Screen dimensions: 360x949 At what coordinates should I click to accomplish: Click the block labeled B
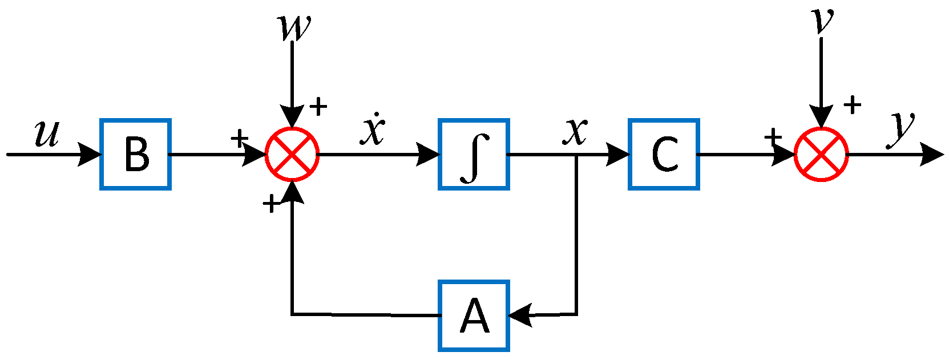click(136, 154)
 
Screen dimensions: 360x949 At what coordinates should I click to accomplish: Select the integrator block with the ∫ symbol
click(474, 154)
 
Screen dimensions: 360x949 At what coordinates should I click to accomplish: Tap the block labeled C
click(664, 154)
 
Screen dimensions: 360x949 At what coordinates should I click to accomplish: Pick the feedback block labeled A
click(474, 315)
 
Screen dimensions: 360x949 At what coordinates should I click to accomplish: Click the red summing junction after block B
click(292, 154)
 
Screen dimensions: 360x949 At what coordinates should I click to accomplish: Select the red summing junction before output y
click(821, 154)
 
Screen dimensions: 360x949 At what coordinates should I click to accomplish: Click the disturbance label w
click(294, 27)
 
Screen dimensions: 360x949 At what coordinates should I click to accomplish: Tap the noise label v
click(822, 21)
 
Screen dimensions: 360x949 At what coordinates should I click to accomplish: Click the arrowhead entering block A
click(519, 315)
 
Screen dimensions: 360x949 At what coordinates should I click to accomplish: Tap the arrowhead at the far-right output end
click(933, 155)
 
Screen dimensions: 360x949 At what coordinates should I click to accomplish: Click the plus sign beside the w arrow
click(318, 106)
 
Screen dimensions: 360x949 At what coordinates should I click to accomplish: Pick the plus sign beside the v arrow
click(852, 104)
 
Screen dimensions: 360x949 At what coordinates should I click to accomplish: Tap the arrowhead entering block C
click(618, 154)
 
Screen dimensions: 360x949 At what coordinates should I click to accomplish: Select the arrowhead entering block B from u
click(90, 154)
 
